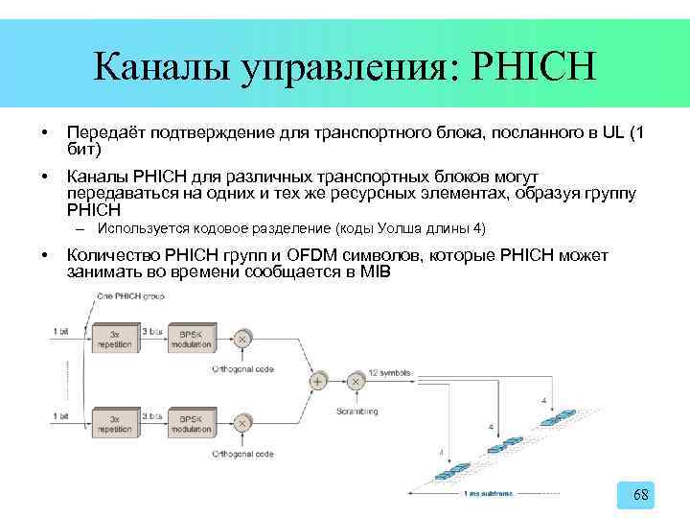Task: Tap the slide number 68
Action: (x=642, y=495)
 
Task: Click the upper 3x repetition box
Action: (x=120, y=339)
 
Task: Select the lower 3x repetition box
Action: (x=120, y=423)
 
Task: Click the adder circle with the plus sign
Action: (x=317, y=381)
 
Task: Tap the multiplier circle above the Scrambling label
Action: (x=356, y=381)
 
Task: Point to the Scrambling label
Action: (x=356, y=412)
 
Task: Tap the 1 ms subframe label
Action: (x=488, y=493)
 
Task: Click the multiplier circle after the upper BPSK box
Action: (x=243, y=339)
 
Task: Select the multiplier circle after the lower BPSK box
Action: (x=243, y=423)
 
